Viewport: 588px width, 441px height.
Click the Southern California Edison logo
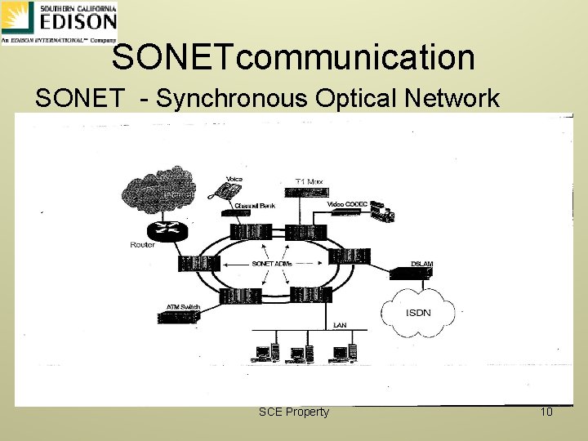59,22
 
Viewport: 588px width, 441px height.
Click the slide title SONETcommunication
293,57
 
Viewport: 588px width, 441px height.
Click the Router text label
142,245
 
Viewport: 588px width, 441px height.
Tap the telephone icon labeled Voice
224,193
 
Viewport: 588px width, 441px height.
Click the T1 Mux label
310,180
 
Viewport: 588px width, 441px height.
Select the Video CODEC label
347,203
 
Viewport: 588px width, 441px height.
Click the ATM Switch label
184,307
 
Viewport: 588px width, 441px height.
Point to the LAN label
340,325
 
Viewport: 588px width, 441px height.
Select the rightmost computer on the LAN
342,353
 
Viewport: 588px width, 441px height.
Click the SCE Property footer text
293,412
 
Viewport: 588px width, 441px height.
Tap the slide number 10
546,412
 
